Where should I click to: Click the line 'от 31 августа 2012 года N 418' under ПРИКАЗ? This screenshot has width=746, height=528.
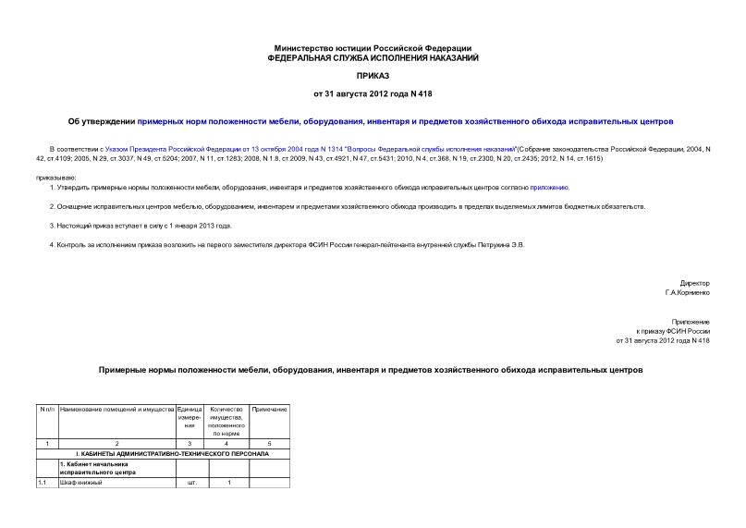[x=373, y=95]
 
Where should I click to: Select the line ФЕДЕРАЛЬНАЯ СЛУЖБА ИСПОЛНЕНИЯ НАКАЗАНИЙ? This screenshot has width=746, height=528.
[x=373, y=57]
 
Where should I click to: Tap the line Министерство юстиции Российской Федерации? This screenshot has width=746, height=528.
[x=373, y=48]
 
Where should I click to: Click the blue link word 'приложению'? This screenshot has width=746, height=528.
[x=549, y=187]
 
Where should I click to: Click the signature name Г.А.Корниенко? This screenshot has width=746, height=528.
[x=687, y=292]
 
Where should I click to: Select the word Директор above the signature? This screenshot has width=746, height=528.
[x=694, y=283]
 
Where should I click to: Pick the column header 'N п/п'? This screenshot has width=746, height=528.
[x=47, y=409]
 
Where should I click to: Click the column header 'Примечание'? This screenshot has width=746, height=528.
[x=270, y=409]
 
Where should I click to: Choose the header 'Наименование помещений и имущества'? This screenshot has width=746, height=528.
[x=116, y=409]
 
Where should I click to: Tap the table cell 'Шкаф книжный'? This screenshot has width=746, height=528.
[x=81, y=483]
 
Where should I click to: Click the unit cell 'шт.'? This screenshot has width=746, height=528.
[x=192, y=483]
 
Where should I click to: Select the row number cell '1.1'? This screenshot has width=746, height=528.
[x=43, y=483]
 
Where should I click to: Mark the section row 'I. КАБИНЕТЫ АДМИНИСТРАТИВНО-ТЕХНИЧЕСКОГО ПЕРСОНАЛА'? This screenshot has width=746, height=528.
[x=163, y=455]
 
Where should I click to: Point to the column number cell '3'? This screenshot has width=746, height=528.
[x=192, y=445]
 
